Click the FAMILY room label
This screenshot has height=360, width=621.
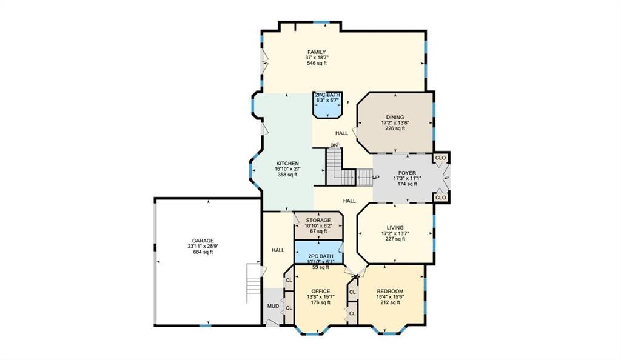click(317, 52)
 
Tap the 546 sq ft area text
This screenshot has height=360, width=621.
click(317, 63)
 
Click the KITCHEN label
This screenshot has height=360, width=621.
click(287, 164)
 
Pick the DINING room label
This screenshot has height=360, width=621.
click(395, 118)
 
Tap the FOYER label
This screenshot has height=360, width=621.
click(407, 173)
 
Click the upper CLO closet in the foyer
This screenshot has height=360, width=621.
click(440, 158)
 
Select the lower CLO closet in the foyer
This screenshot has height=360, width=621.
click(440, 198)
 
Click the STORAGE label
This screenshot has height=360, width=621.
click(318, 221)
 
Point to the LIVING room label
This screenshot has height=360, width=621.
click(395, 228)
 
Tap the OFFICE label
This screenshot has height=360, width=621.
click(320, 292)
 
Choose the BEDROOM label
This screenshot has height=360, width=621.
click(390, 292)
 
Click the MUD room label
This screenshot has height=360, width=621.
click(273, 306)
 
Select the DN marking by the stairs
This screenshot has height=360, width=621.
click(334, 145)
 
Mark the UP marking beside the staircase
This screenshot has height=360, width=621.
click(376, 178)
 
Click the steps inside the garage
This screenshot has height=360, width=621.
click(253, 284)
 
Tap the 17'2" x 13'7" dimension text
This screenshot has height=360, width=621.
click(395, 233)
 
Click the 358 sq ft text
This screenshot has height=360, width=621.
click(287, 175)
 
